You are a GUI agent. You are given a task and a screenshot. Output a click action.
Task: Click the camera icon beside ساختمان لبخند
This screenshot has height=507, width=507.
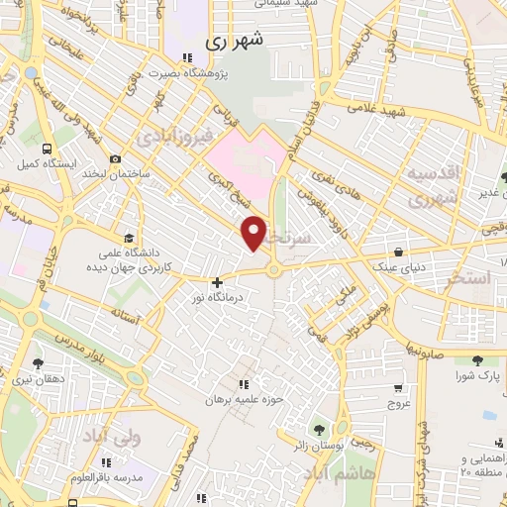point(116,159)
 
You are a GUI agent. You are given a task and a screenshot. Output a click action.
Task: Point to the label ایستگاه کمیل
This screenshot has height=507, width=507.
point(42,162)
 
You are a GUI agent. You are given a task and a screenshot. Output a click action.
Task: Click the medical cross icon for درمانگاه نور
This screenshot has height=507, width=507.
point(217,283)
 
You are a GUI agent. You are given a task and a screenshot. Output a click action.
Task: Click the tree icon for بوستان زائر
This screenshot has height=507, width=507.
point(319,430)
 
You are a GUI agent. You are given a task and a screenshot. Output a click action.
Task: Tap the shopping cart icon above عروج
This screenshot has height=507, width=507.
point(397,389)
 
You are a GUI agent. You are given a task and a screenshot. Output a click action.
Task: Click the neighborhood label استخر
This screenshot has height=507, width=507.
point(467,278)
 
